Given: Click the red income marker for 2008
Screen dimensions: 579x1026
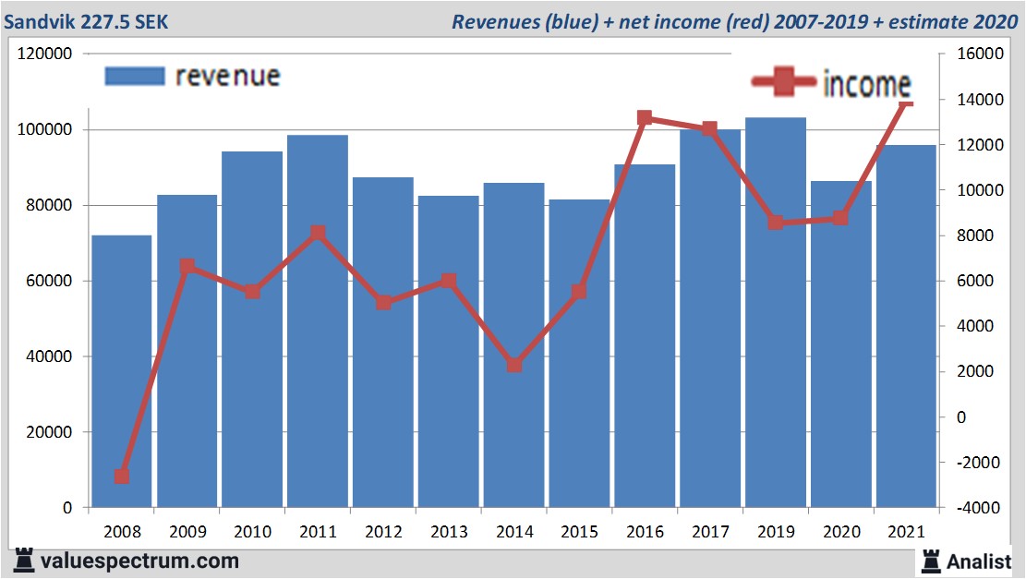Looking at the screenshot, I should pyautogui.click(x=121, y=476).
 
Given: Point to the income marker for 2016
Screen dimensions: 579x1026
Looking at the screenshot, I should pyautogui.click(x=645, y=118).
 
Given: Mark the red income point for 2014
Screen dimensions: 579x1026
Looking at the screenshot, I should pyautogui.click(x=514, y=365).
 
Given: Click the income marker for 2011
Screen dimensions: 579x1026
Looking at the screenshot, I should pyautogui.click(x=318, y=233).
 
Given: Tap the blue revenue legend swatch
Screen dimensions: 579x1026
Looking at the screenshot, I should pyautogui.click(x=135, y=76).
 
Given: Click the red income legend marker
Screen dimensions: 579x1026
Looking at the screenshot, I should pyautogui.click(x=784, y=83).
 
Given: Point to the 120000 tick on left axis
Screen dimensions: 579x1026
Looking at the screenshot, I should pyautogui.click(x=45, y=54).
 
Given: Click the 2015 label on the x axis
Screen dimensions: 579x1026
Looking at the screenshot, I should pyautogui.click(x=580, y=532).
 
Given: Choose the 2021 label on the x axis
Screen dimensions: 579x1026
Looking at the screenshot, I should pyautogui.click(x=907, y=532).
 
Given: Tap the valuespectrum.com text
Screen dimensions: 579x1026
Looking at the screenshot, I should pyautogui.click(x=139, y=561).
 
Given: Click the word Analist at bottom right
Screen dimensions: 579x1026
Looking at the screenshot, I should pyautogui.click(x=979, y=561).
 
